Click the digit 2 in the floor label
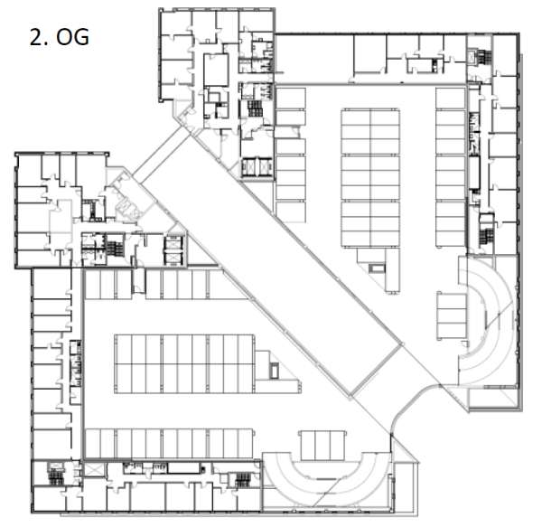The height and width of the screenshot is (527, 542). coord(36,37)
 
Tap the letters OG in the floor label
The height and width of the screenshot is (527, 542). coord(73,37)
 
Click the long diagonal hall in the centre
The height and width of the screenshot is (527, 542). coord(272,264)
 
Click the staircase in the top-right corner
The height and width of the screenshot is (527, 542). coord(484,57)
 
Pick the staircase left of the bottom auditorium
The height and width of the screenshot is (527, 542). coord(243,480)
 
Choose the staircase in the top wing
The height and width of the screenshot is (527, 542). coord(255,108)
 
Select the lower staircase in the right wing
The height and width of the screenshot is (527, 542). coord(486,236)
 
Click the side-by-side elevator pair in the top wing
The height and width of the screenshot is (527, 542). coord(257,167)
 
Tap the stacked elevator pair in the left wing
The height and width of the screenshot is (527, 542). coord(173,250)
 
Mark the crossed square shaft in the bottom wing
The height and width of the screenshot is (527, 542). coord(94,469)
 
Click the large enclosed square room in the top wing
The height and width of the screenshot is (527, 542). coord(216,71)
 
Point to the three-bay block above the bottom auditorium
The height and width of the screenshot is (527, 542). coord(322,446)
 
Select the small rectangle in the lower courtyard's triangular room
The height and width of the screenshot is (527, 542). coord(274,370)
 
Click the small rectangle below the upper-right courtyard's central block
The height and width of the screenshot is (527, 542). coord(377,268)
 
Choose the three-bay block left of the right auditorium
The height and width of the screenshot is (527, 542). coord(452,316)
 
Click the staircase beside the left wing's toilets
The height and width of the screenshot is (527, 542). coord(115,245)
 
